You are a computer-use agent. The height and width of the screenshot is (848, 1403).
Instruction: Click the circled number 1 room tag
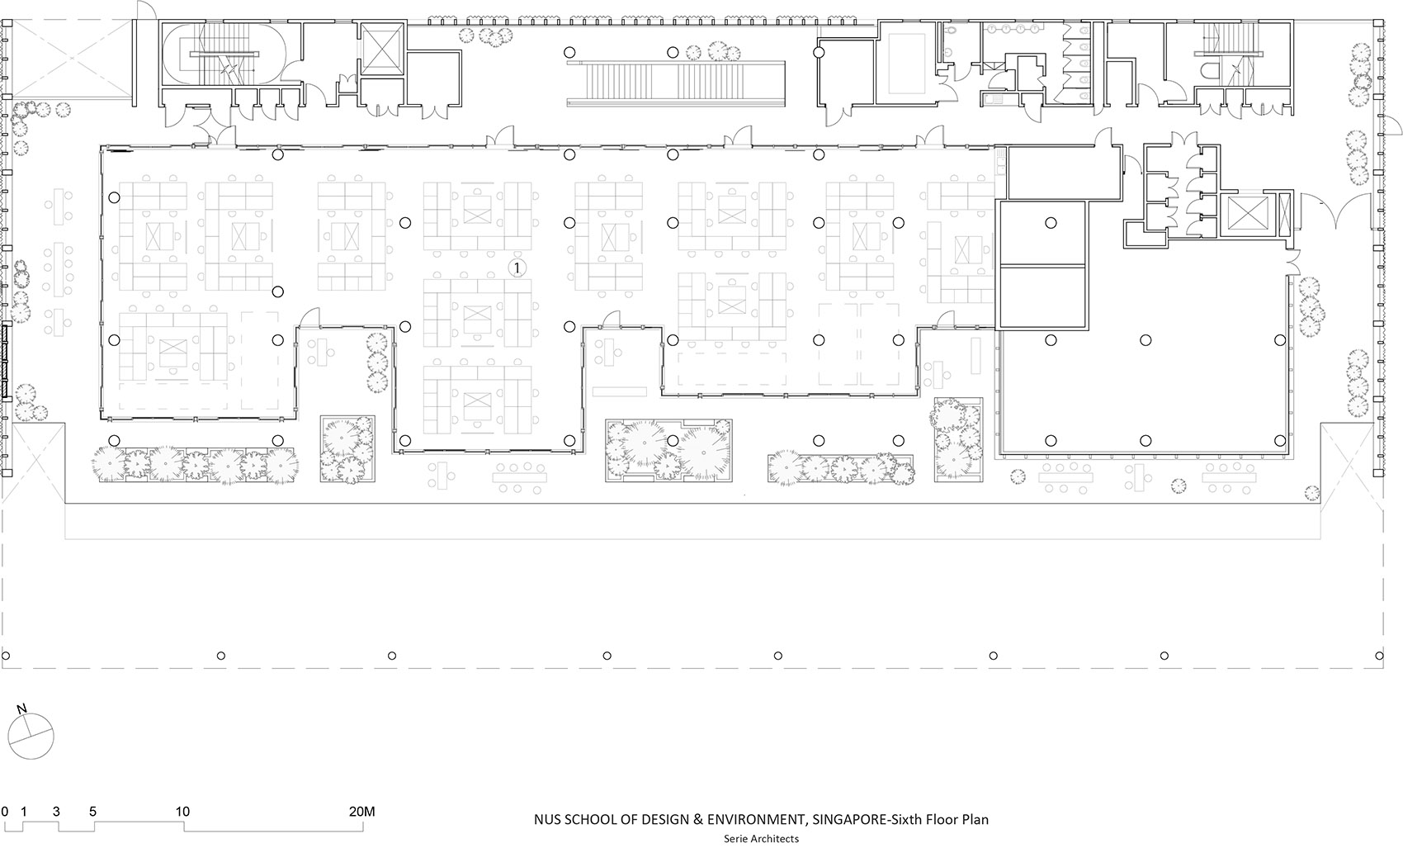coord(517,268)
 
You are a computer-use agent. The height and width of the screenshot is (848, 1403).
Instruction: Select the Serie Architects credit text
coord(761,838)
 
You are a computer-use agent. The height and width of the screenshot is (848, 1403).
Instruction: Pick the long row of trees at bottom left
coord(194,465)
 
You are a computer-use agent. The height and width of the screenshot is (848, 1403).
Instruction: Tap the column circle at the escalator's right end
coord(819,52)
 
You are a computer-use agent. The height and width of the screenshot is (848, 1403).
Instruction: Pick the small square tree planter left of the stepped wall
coord(347,448)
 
